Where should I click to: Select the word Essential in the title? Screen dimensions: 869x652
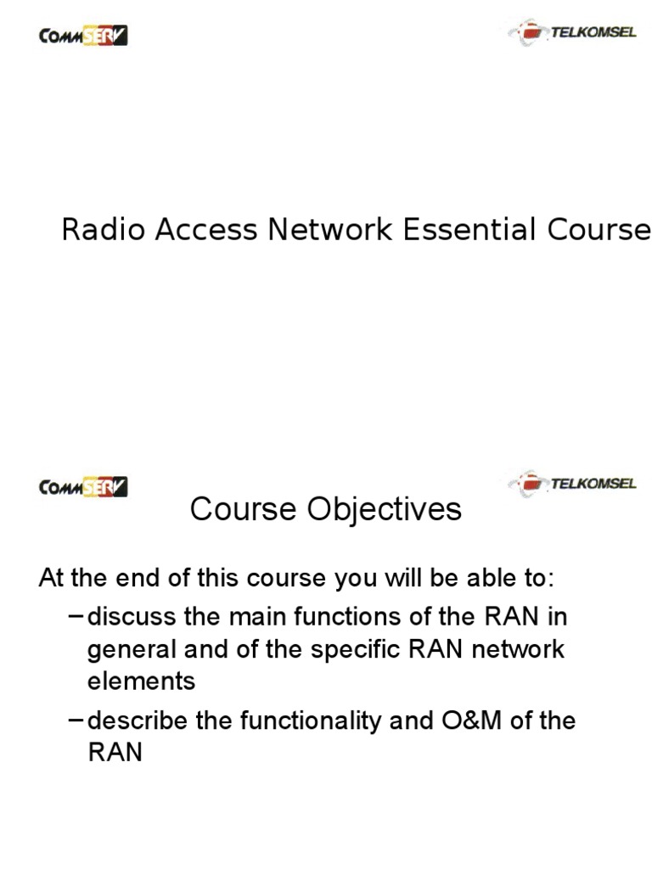472,230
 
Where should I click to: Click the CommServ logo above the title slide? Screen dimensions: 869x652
83,36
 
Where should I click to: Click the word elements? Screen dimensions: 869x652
141,681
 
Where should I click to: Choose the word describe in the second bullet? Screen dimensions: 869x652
138,720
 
